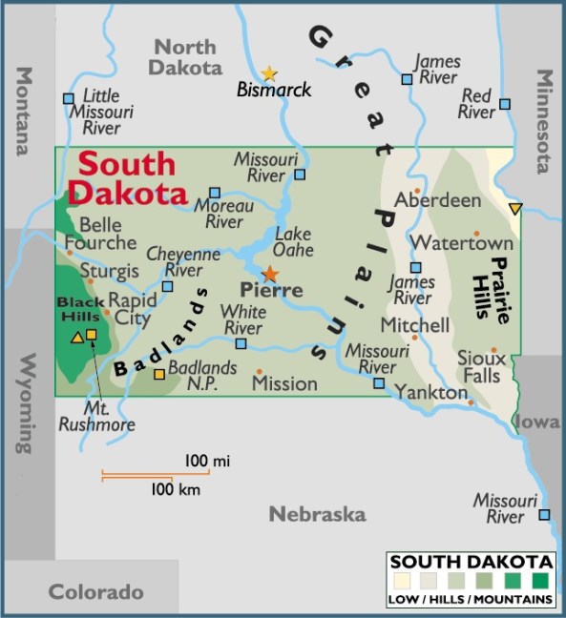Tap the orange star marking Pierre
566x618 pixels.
point(270,274)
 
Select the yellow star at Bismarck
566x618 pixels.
point(269,72)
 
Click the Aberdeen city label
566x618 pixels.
point(438,200)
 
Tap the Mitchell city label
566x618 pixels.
point(415,325)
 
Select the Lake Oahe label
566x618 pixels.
point(293,242)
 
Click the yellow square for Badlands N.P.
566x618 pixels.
point(159,374)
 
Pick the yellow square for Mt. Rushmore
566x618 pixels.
point(92,334)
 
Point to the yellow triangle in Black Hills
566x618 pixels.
point(76,336)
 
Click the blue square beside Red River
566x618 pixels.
point(505,104)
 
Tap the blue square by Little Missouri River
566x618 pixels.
point(69,97)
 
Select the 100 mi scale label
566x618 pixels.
point(208,462)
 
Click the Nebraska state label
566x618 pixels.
point(317,515)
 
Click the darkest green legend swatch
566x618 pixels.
point(541,580)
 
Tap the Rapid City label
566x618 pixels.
point(131,309)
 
